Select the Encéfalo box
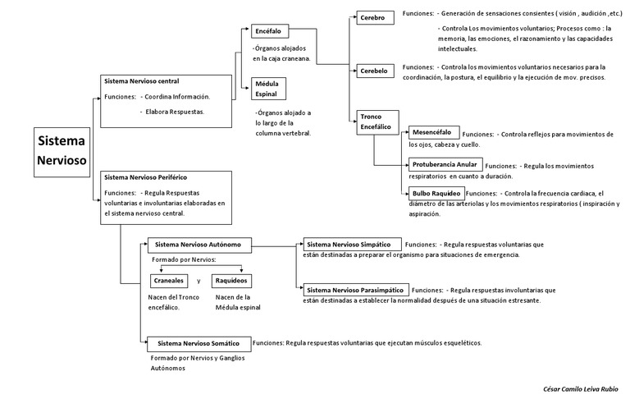[x=268, y=30]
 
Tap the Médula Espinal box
[x=269, y=89]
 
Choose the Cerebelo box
[x=373, y=71]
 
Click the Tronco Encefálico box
[x=377, y=122]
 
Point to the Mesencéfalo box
[x=433, y=132]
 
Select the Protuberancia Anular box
[x=445, y=164]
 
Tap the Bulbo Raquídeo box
[x=436, y=193]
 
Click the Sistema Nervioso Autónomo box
[x=199, y=244]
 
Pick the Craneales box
[x=168, y=281]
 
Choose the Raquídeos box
[x=231, y=281]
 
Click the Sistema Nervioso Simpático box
[x=353, y=244]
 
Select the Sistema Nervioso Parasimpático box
[x=355, y=290]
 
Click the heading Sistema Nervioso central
[x=142, y=81]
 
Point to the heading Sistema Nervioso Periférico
[x=146, y=176]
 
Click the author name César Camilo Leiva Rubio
[x=581, y=387]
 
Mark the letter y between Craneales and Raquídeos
[x=199, y=281]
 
